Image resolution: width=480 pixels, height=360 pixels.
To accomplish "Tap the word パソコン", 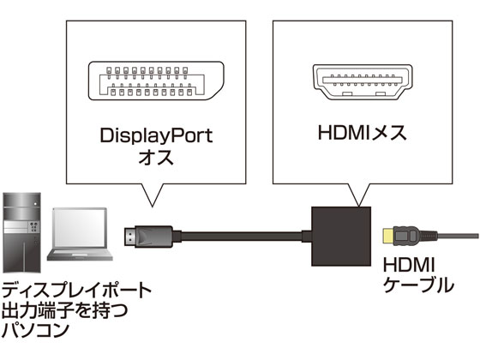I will (x=38, y=328).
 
